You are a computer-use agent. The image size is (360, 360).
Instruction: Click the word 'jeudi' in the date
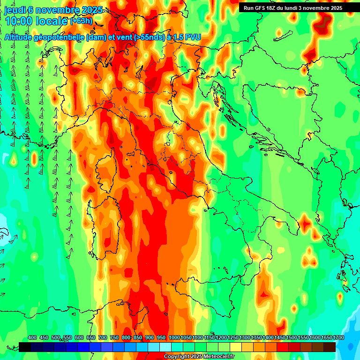click(x=14, y=10)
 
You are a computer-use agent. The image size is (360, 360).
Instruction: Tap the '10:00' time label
click(x=19, y=21)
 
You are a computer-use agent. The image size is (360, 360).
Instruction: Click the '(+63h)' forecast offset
click(x=81, y=21)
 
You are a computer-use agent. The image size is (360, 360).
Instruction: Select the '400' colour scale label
click(x=32, y=338)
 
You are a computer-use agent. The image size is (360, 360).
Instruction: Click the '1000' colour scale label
click(x=174, y=338)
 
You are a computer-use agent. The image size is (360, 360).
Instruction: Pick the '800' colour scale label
click(x=126, y=338)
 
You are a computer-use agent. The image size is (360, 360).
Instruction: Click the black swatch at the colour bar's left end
click(x=25, y=347)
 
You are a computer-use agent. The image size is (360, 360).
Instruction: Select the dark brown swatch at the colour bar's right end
click(x=330, y=347)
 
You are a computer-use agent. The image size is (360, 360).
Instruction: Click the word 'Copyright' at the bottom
click(x=177, y=357)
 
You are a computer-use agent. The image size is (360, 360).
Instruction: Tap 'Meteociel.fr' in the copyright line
click(x=219, y=357)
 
